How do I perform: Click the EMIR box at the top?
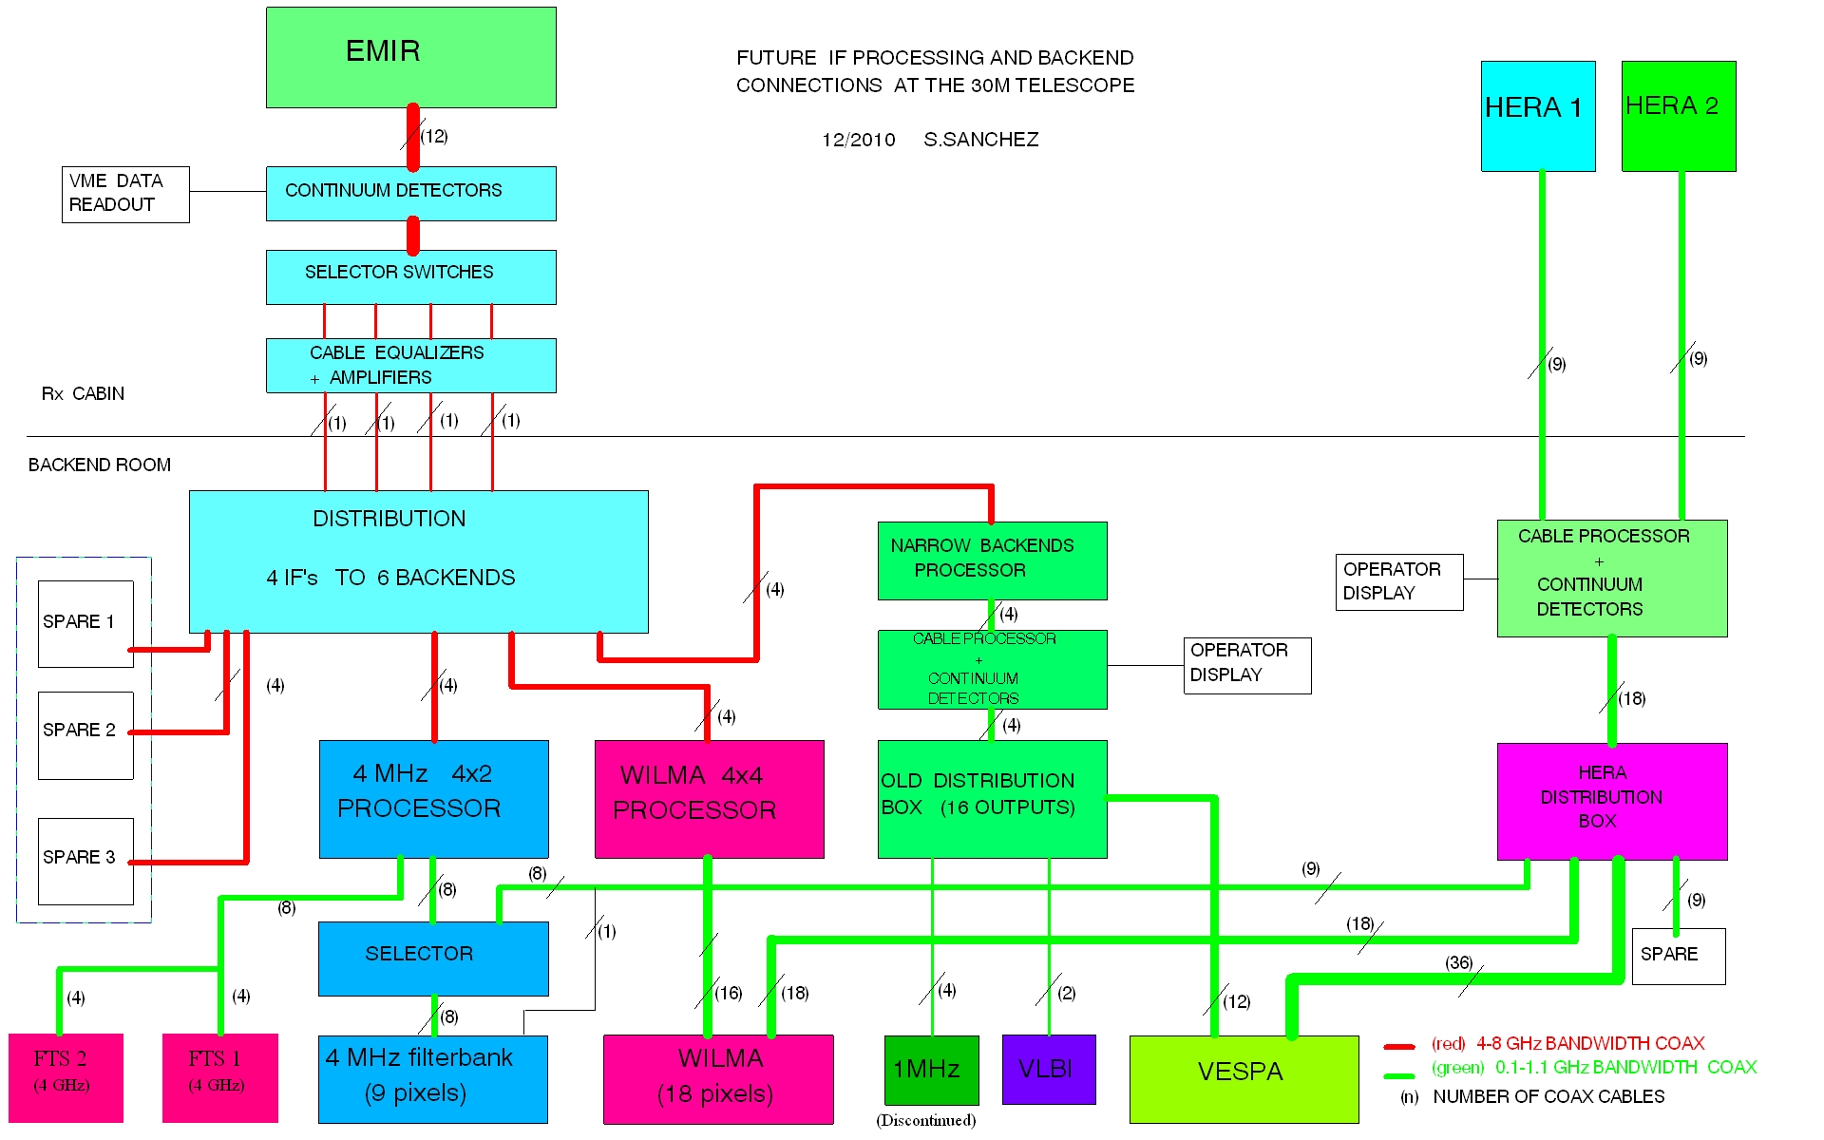pos(410,57)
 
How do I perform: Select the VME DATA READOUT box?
pos(125,194)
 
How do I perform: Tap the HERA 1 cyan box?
pos(1537,116)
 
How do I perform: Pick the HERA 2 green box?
pos(1678,116)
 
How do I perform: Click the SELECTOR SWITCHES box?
pos(410,276)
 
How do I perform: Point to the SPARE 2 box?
pos(85,734)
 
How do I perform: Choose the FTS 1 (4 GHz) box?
pos(219,1077)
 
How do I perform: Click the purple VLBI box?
pos(1048,1069)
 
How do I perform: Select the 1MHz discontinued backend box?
pos(931,1069)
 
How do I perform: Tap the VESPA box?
pos(1243,1078)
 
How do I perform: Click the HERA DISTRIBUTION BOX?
pos(1611,801)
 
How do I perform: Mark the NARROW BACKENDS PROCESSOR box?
pos(992,560)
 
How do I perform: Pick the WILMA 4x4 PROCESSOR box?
pos(709,798)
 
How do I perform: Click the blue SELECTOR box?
pos(433,958)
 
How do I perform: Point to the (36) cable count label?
pos(1459,962)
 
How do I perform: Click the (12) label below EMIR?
pos(434,136)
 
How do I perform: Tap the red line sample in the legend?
pos(1398,1046)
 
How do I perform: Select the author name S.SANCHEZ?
pos(980,140)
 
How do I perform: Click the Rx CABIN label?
pos(83,393)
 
